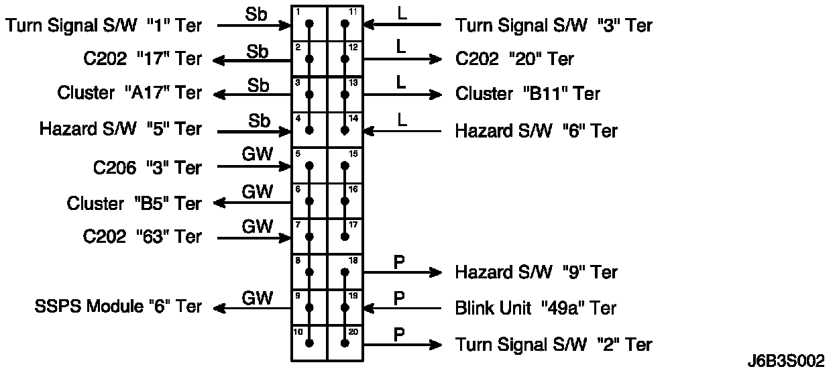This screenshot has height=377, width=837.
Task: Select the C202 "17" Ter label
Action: (x=139, y=59)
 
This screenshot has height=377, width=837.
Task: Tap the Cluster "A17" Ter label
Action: (x=129, y=93)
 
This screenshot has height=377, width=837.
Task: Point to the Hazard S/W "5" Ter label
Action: (x=121, y=129)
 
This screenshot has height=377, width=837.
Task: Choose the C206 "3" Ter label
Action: (x=147, y=167)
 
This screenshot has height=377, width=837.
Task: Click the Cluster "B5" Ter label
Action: (x=134, y=203)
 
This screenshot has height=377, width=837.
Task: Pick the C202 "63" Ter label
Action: (x=142, y=237)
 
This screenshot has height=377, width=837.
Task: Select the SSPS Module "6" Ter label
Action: (x=118, y=307)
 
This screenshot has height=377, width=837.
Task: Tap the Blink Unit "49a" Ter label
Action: (x=535, y=308)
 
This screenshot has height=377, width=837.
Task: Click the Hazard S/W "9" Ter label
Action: (x=536, y=272)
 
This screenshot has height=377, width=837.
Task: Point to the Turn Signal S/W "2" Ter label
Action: (x=553, y=345)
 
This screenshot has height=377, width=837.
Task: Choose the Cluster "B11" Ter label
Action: (x=527, y=94)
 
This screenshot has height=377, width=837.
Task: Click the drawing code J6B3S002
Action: (x=785, y=362)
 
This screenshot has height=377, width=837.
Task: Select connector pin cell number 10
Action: (x=309, y=343)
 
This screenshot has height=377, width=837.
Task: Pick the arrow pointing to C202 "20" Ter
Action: (x=402, y=59)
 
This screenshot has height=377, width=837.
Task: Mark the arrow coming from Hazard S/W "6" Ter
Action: (x=402, y=130)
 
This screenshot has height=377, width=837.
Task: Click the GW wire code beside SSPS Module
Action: (x=258, y=298)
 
